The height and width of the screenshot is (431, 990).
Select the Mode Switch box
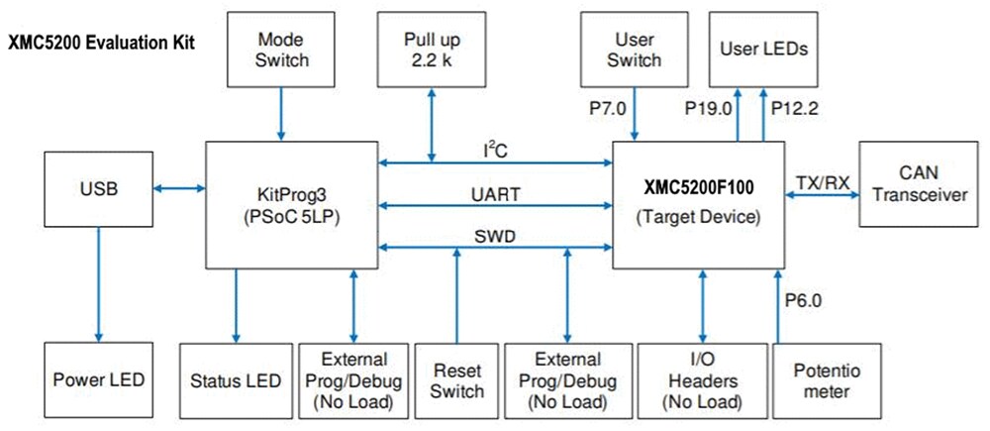(282, 50)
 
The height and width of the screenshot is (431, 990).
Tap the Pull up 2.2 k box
(432, 50)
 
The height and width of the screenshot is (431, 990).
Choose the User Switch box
(635, 50)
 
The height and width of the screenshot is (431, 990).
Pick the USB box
(99, 187)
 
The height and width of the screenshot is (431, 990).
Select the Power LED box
(99, 379)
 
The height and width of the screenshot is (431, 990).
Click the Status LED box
(236, 379)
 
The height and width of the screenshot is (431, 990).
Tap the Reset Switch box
(456, 379)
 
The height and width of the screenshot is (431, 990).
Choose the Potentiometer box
(823, 379)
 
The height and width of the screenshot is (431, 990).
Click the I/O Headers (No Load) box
(703, 379)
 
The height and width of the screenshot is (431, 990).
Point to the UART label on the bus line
(492, 195)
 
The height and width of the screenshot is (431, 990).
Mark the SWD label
(492, 236)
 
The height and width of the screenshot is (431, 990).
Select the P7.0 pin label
(607, 107)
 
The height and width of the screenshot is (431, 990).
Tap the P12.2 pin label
(794, 107)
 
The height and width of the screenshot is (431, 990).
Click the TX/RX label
(821, 181)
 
